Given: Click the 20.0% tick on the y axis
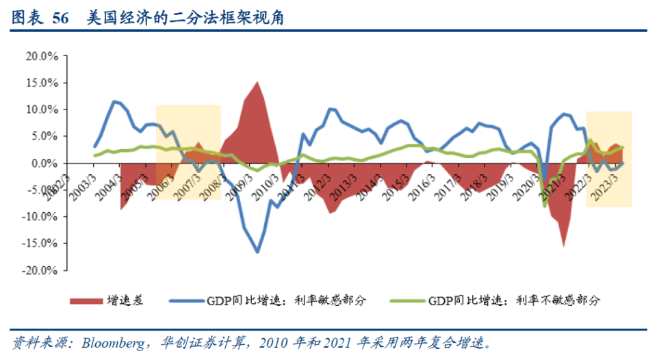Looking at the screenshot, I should (42, 56).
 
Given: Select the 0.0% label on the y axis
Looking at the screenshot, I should (44, 164).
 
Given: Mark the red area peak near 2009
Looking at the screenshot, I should (257, 81).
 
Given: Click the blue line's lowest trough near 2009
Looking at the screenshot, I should (257, 253).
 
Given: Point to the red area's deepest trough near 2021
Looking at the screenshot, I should (564, 246).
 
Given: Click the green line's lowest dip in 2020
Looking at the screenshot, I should (545, 206).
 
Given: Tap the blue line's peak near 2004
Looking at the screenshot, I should (114, 101).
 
